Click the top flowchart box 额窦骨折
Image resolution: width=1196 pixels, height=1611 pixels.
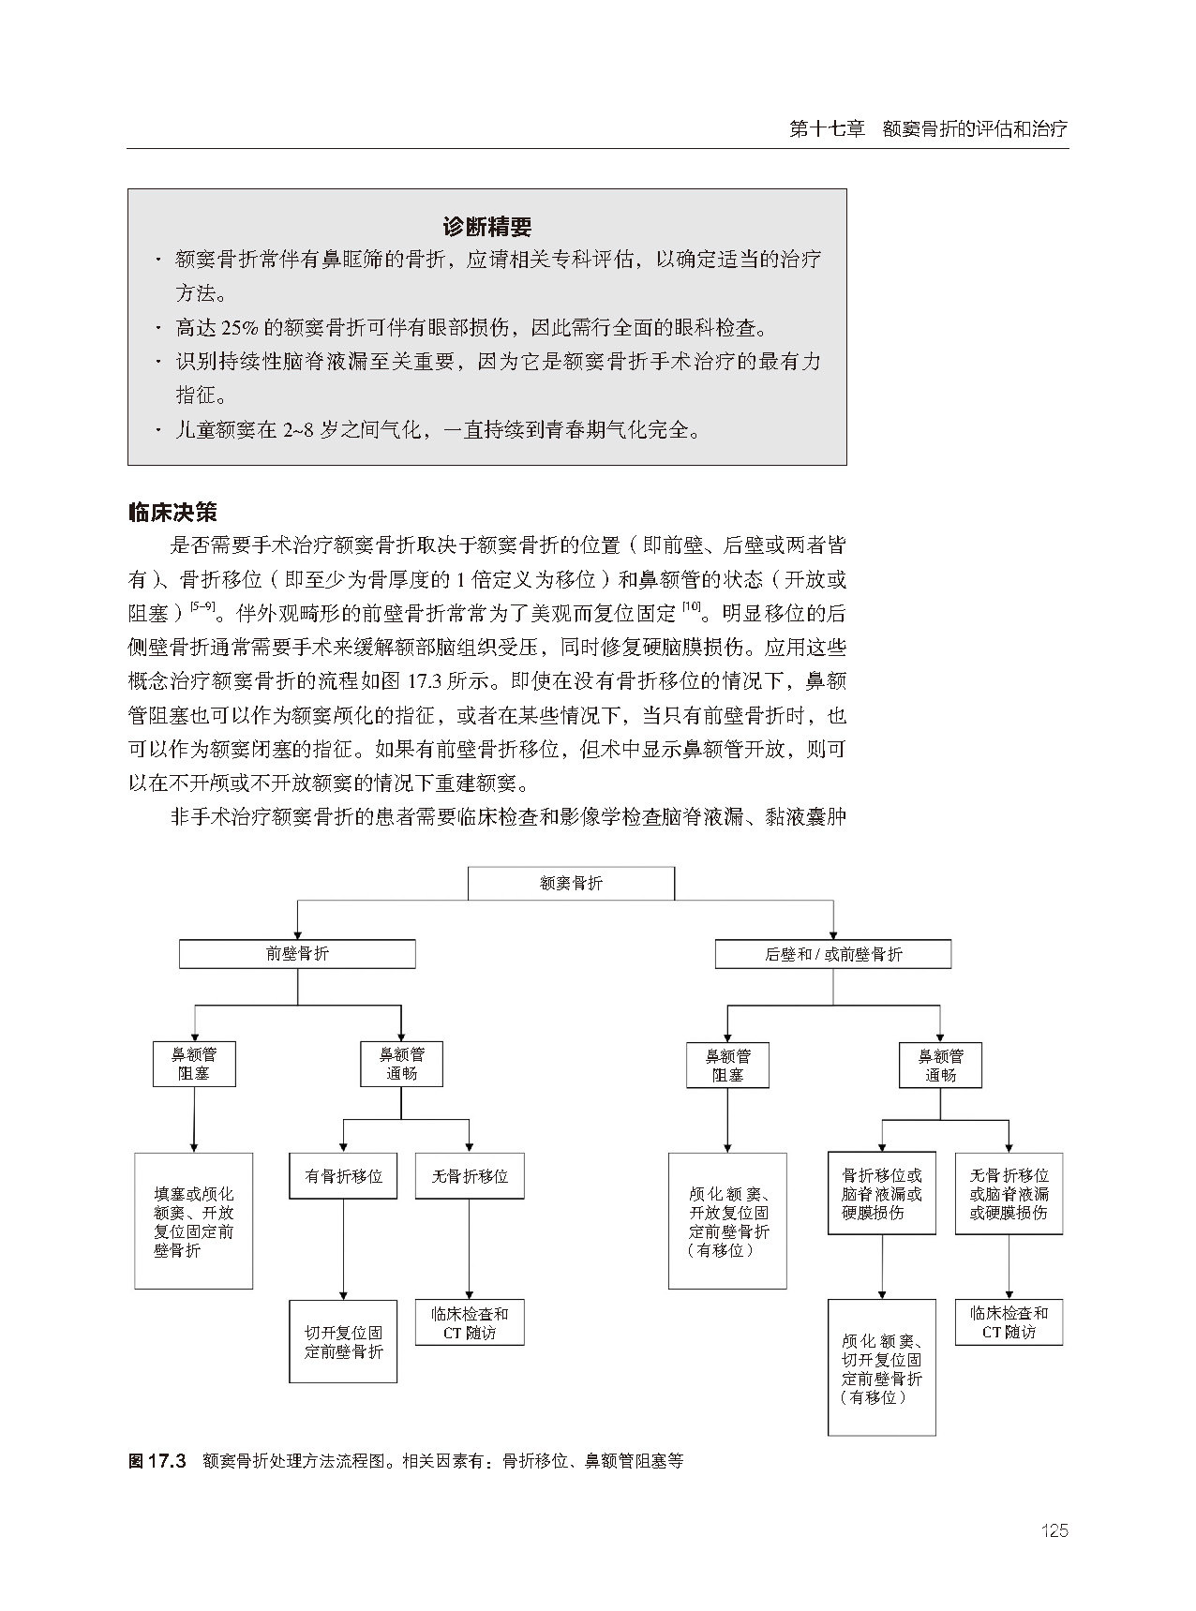571,883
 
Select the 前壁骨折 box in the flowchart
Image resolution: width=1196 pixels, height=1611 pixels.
297,954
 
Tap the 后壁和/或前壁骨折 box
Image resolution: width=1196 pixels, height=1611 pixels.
832,954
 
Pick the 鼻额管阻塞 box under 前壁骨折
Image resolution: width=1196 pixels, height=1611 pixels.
194,1064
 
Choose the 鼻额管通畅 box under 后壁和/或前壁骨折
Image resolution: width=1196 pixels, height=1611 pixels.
939,1065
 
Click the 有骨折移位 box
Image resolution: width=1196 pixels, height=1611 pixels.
343,1175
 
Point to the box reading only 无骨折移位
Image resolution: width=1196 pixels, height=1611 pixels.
469,1175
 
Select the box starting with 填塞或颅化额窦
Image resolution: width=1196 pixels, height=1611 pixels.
194,1221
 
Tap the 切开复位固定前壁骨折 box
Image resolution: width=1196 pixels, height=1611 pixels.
343,1341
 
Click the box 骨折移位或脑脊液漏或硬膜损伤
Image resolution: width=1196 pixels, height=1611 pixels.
881,1193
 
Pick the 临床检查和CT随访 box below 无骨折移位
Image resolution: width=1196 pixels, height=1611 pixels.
469,1322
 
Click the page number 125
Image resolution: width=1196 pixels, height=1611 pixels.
1054,1530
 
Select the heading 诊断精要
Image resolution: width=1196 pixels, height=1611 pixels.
486,227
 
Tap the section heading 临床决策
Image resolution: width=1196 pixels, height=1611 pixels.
172,512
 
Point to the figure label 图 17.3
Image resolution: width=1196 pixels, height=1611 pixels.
158,1460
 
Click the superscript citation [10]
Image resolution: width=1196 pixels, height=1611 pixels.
692,607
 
